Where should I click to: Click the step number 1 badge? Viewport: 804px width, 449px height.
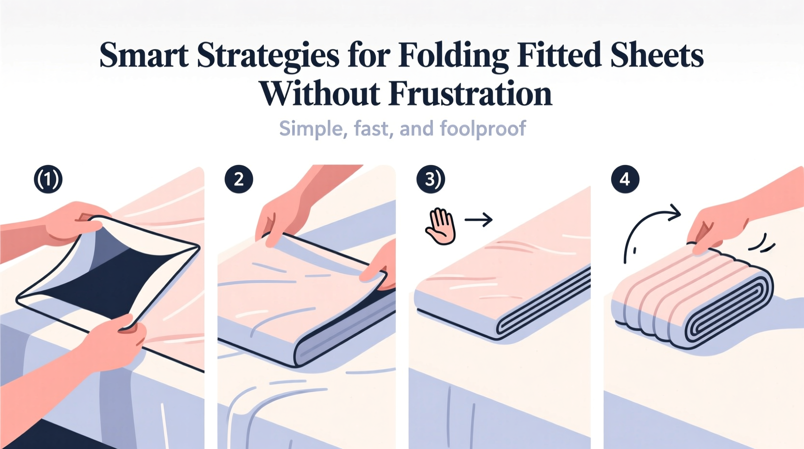point(48,180)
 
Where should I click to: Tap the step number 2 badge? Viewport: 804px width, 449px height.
point(239,180)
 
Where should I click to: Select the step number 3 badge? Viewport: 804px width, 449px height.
point(430,180)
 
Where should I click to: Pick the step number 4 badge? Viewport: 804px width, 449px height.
point(625,180)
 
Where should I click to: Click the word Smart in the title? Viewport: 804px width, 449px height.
point(144,55)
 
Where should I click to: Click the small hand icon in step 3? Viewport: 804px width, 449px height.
point(440,226)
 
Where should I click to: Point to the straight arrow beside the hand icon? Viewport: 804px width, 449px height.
point(478,220)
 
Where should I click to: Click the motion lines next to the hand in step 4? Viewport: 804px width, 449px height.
point(762,243)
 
